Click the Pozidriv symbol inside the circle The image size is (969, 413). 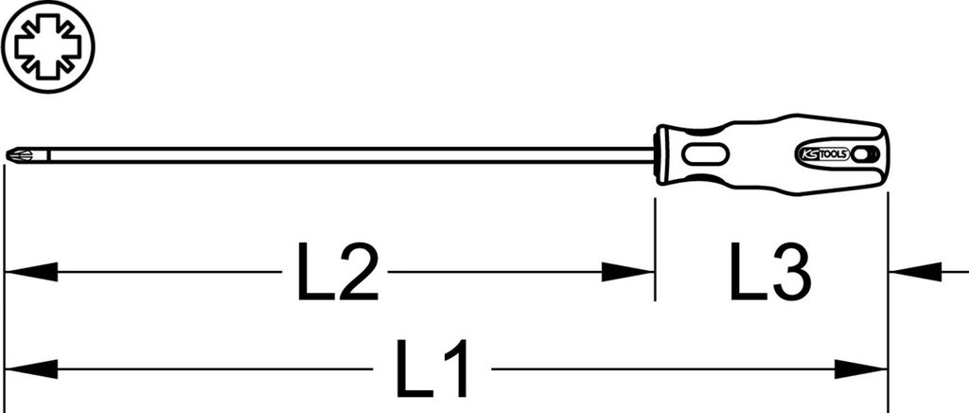coord(47,47)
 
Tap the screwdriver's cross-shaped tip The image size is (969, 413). coord(14,155)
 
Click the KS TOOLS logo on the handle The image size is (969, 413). coord(820,154)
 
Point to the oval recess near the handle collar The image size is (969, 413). coord(704,155)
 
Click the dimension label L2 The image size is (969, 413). coord(338,272)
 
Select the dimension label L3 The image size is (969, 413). coord(770,272)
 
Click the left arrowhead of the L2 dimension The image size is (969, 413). coord(31,272)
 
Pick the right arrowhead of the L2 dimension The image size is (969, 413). coord(628,272)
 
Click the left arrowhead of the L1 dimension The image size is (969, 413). coord(31,369)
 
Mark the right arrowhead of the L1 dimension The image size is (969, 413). coord(861,369)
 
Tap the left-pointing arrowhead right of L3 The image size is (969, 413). coord(915,272)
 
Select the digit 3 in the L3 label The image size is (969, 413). coord(790,272)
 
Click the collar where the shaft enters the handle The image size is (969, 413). coord(662,154)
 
